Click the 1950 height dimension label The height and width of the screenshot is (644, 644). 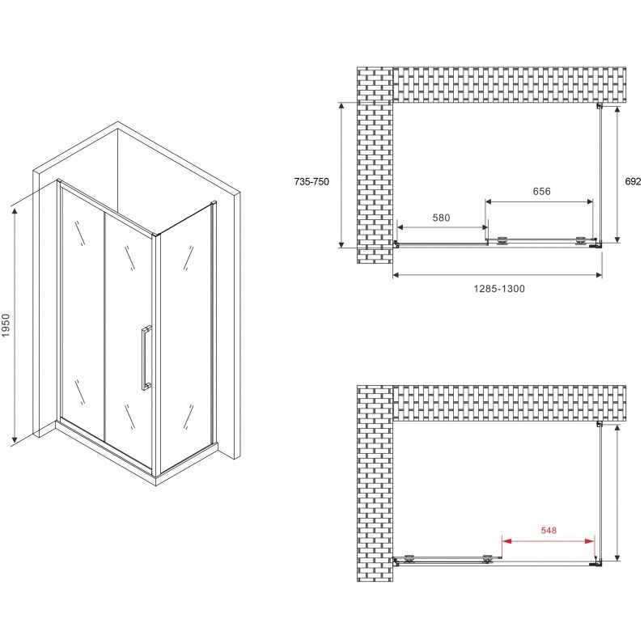(x=6, y=326)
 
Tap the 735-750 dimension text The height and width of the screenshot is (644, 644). (x=311, y=181)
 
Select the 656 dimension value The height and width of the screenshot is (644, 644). (x=541, y=191)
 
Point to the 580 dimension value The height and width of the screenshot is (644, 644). (x=441, y=218)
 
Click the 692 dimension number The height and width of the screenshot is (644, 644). (x=633, y=181)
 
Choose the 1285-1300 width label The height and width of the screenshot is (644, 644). (x=499, y=289)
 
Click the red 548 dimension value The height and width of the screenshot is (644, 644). (x=549, y=530)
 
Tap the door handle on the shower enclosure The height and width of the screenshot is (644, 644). (x=146, y=358)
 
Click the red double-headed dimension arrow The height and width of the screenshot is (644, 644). (x=549, y=541)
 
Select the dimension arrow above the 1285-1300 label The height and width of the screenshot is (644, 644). (x=498, y=275)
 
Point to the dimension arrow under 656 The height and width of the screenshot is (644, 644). (x=539, y=201)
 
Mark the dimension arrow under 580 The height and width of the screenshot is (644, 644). (x=443, y=227)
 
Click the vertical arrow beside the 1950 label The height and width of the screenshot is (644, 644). (x=15, y=326)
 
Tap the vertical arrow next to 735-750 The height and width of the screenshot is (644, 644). (x=341, y=175)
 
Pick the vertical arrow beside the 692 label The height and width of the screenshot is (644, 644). (x=616, y=175)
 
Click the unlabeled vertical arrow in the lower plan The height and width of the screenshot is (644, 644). (x=616, y=493)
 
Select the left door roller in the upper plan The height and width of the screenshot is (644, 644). (x=502, y=241)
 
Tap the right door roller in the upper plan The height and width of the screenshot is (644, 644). (x=581, y=241)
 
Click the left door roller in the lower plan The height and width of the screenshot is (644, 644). (x=409, y=558)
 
